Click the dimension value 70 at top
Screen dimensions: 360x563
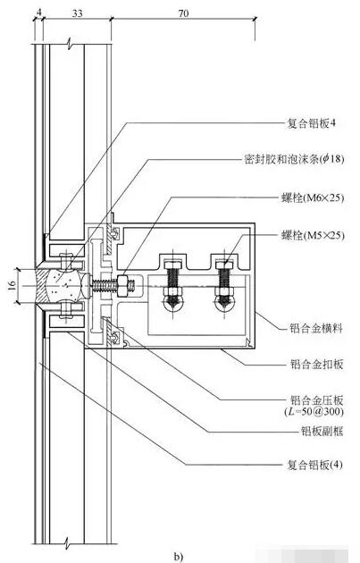[183, 13]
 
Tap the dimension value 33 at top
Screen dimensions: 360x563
[77, 13]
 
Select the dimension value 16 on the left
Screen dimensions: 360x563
[12, 286]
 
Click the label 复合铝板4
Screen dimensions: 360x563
[311, 124]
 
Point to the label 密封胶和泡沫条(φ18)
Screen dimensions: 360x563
[294, 158]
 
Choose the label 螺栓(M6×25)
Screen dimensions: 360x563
[313, 197]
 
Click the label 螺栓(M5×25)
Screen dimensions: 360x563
[313, 236]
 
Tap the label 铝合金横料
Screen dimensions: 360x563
[316, 328]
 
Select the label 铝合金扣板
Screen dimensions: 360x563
[316, 365]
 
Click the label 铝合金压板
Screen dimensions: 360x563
[316, 400]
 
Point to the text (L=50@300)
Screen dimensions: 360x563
[314, 411]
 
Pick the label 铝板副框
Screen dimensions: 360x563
[322, 431]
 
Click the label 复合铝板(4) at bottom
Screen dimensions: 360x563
[314, 466]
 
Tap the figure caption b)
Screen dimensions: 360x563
[179, 557]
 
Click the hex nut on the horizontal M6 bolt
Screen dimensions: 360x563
[122, 286]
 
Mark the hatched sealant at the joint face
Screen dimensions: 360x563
[43, 286]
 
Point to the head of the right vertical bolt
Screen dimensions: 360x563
[224, 265]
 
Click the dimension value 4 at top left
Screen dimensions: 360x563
[39, 13]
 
